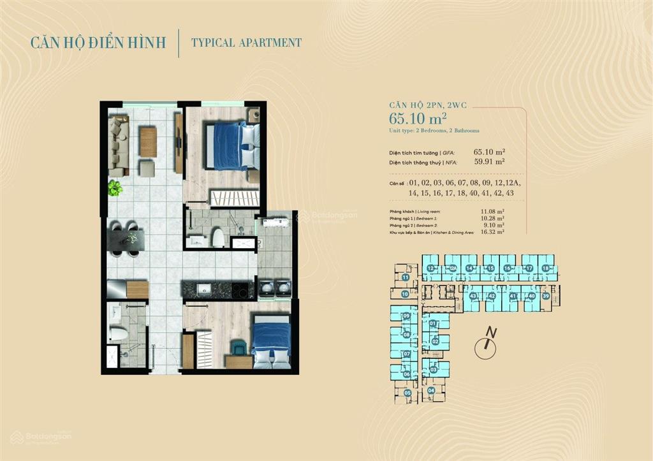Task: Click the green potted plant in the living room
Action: point(115,187)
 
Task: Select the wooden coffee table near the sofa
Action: point(148,142)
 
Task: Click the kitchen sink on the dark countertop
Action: point(205,289)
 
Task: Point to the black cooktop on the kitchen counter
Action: point(242,290)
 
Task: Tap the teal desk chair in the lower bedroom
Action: point(238,347)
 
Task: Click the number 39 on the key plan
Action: point(546,296)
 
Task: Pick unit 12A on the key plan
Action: point(452,269)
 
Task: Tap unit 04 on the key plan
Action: point(432,390)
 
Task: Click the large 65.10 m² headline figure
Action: point(418,118)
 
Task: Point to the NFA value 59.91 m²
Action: point(489,162)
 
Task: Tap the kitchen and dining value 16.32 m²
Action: point(493,233)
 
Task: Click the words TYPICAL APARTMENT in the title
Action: point(246,43)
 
